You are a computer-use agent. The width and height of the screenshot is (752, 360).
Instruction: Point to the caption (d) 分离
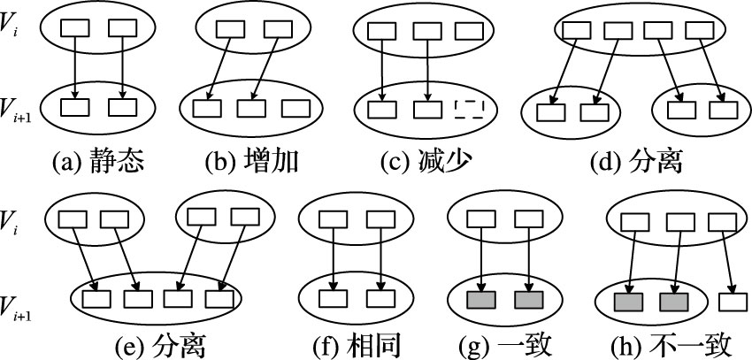coord(634,162)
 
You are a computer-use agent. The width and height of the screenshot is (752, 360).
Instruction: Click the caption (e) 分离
coord(158,344)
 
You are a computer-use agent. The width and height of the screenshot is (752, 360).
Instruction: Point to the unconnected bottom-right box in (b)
coord(295,110)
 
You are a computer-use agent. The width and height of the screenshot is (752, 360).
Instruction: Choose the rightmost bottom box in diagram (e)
coord(220,297)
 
